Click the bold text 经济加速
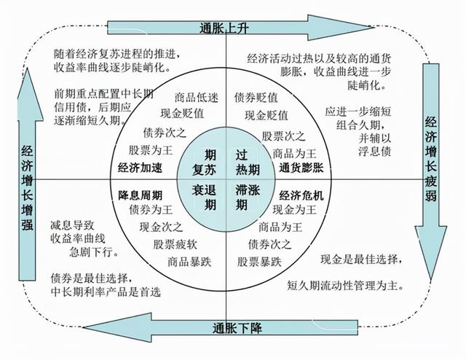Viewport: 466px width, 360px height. pyautogui.click(x=141, y=167)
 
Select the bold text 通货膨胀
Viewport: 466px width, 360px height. pyautogui.click(x=302, y=167)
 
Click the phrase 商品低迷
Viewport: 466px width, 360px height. pyautogui.click(x=194, y=98)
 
